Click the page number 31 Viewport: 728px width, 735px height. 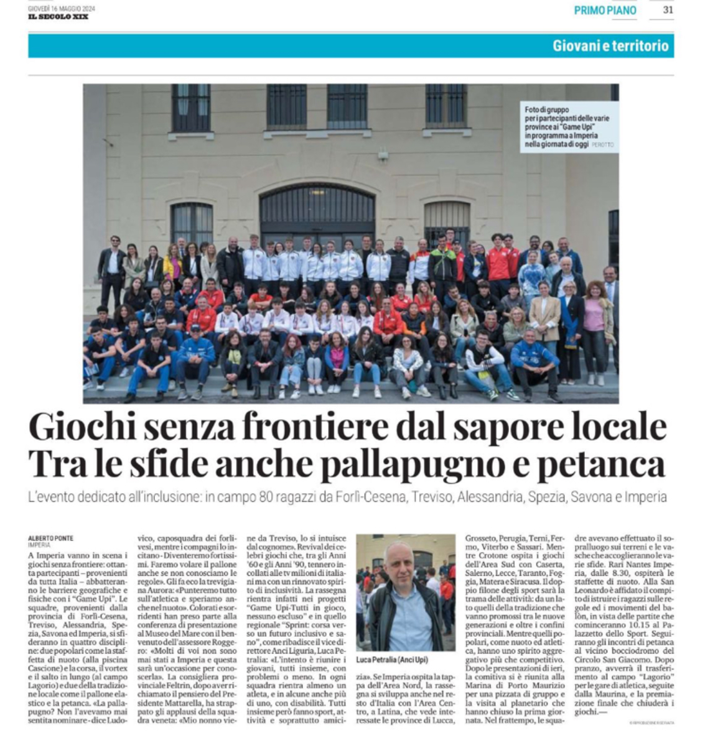[668, 10]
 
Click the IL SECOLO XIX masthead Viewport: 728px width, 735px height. [58, 17]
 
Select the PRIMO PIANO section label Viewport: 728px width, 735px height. [605, 11]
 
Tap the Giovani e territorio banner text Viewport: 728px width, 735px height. [610, 46]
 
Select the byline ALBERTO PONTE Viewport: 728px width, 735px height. [51, 539]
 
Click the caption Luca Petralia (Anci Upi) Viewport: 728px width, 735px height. [392, 659]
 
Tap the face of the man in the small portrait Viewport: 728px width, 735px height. [400, 563]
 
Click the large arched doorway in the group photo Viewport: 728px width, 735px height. [317, 215]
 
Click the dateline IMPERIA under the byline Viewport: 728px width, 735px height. [39, 545]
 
